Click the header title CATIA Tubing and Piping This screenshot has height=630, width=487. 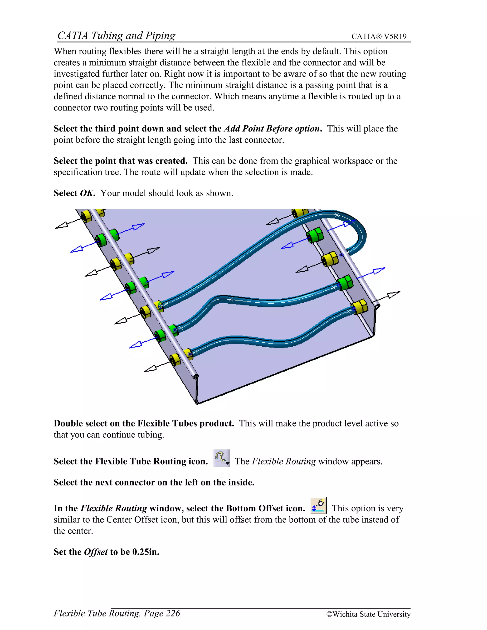point(116,35)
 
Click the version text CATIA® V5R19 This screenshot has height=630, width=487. point(379,37)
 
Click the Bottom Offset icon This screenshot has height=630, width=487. point(318,506)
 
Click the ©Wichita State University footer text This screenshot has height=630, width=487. point(368,614)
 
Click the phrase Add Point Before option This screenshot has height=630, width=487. point(273,129)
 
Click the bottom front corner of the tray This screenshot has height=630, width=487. point(197,402)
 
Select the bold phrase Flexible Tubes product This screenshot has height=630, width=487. point(185,423)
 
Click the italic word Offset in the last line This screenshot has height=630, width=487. point(96,552)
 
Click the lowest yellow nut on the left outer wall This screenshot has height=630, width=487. point(175,360)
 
